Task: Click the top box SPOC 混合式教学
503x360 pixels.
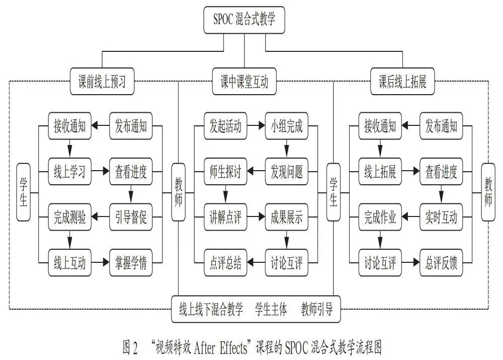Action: tap(244, 20)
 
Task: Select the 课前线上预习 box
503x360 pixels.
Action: tap(102, 81)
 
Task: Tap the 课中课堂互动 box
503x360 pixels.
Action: tap(244, 81)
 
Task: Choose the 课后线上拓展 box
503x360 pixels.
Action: tap(402, 81)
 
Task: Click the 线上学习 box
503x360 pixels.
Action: tap(69, 171)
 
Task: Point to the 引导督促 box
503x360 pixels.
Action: tap(131, 217)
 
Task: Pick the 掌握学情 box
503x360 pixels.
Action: tap(131, 262)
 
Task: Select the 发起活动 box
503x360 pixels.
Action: tap(225, 125)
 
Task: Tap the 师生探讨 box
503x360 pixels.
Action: tap(225, 171)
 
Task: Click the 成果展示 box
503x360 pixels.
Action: tap(287, 217)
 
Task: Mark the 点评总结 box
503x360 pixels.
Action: tap(225, 262)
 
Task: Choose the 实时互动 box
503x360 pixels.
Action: tap(441, 217)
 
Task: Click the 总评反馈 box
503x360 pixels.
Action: tap(441, 262)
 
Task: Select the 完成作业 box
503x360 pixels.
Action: tap(380, 217)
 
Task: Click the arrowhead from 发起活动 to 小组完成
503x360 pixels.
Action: tap(262, 125)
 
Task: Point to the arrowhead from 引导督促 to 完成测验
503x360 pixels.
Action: tap(95, 217)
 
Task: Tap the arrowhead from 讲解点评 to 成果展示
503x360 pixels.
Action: tap(262, 217)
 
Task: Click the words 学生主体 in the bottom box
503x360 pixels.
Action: tap(271, 309)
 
